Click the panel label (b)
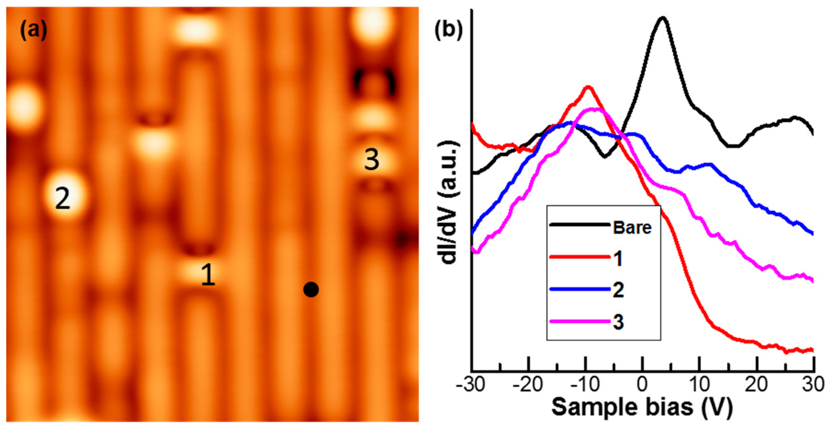coord(449,30)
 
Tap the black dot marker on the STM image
coord(311,289)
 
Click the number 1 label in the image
coord(208,275)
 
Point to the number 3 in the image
coord(371,160)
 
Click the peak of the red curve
coord(588,87)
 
